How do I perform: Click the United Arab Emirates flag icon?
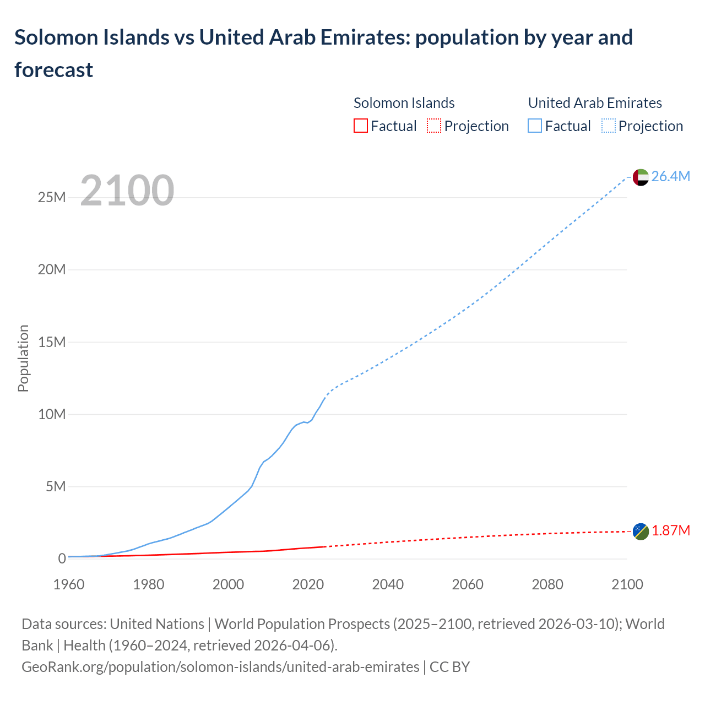(x=641, y=177)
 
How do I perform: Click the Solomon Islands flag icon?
(x=641, y=532)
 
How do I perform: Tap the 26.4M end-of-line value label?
(x=670, y=177)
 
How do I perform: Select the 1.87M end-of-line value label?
(x=670, y=531)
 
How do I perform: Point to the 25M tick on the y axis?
(x=52, y=198)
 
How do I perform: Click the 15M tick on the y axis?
(x=52, y=343)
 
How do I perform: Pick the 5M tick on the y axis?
(x=56, y=487)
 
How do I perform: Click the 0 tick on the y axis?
(x=62, y=559)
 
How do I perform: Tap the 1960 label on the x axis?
(x=69, y=585)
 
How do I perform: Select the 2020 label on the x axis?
(x=308, y=585)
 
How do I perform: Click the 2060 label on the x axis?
(x=468, y=585)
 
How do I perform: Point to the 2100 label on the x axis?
(x=627, y=585)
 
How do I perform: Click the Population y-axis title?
(x=23, y=359)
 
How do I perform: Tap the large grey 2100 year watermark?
(x=127, y=191)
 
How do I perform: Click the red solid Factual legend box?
(x=360, y=126)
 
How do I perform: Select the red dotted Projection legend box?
(x=434, y=126)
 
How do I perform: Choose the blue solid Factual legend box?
(x=535, y=126)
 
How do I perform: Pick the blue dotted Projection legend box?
(x=609, y=126)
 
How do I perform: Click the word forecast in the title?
(x=54, y=70)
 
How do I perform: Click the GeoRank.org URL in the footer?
(x=220, y=667)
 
